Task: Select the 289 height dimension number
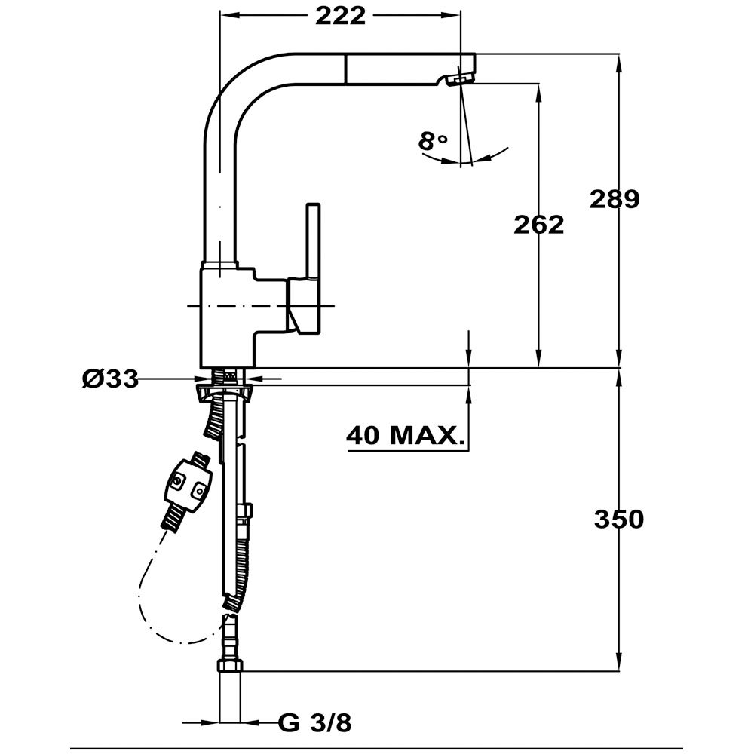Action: point(614,199)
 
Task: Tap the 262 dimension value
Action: point(538,224)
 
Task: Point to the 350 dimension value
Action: point(618,520)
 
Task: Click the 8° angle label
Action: point(433,140)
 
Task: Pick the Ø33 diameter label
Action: point(110,379)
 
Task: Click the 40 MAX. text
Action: point(405,435)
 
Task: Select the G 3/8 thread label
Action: point(314,724)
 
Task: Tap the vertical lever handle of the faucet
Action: point(313,241)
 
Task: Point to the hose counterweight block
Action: point(186,485)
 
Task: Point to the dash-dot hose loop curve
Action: point(151,611)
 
